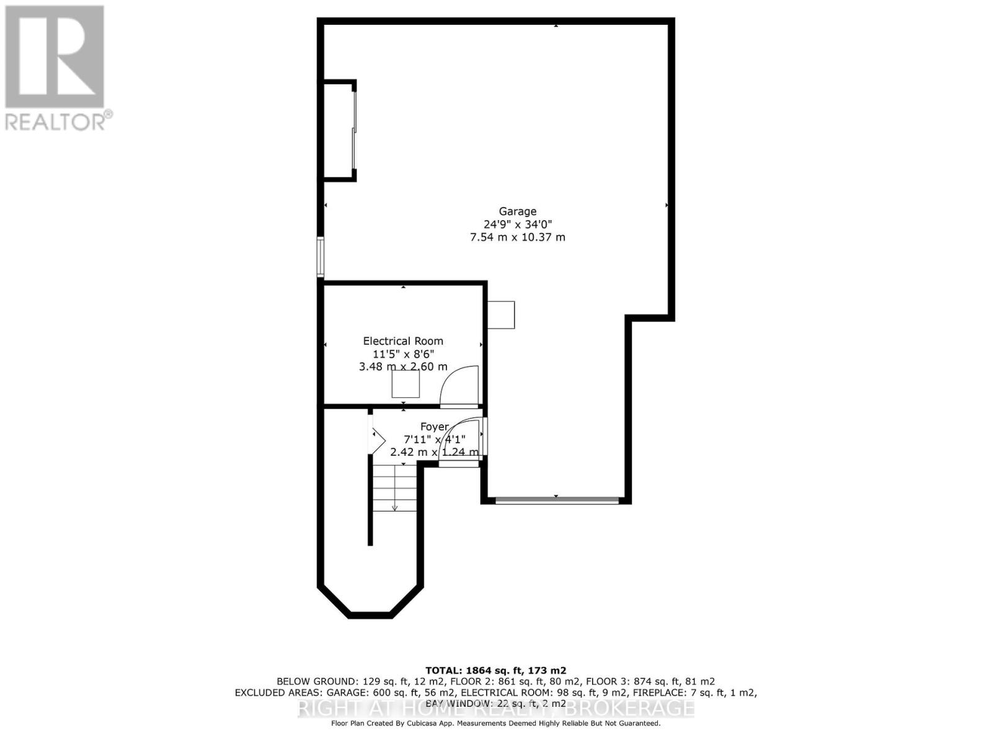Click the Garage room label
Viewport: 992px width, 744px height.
click(x=518, y=211)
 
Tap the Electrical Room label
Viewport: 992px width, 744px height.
click(x=403, y=341)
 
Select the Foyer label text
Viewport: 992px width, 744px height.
click(x=434, y=427)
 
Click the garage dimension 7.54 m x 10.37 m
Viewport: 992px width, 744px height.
click(x=518, y=237)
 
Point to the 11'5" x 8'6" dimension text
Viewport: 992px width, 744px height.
click(x=403, y=354)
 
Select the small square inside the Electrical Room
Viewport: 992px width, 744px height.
click(x=405, y=384)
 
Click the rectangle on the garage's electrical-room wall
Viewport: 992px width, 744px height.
click(x=501, y=314)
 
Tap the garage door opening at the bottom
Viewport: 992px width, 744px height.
click(x=557, y=500)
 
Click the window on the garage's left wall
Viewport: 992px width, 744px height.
click(x=321, y=256)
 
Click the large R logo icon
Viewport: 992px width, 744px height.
click(x=55, y=56)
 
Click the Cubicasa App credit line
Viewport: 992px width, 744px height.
click(x=495, y=724)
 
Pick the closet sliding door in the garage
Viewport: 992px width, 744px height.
click(x=355, y=130)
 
